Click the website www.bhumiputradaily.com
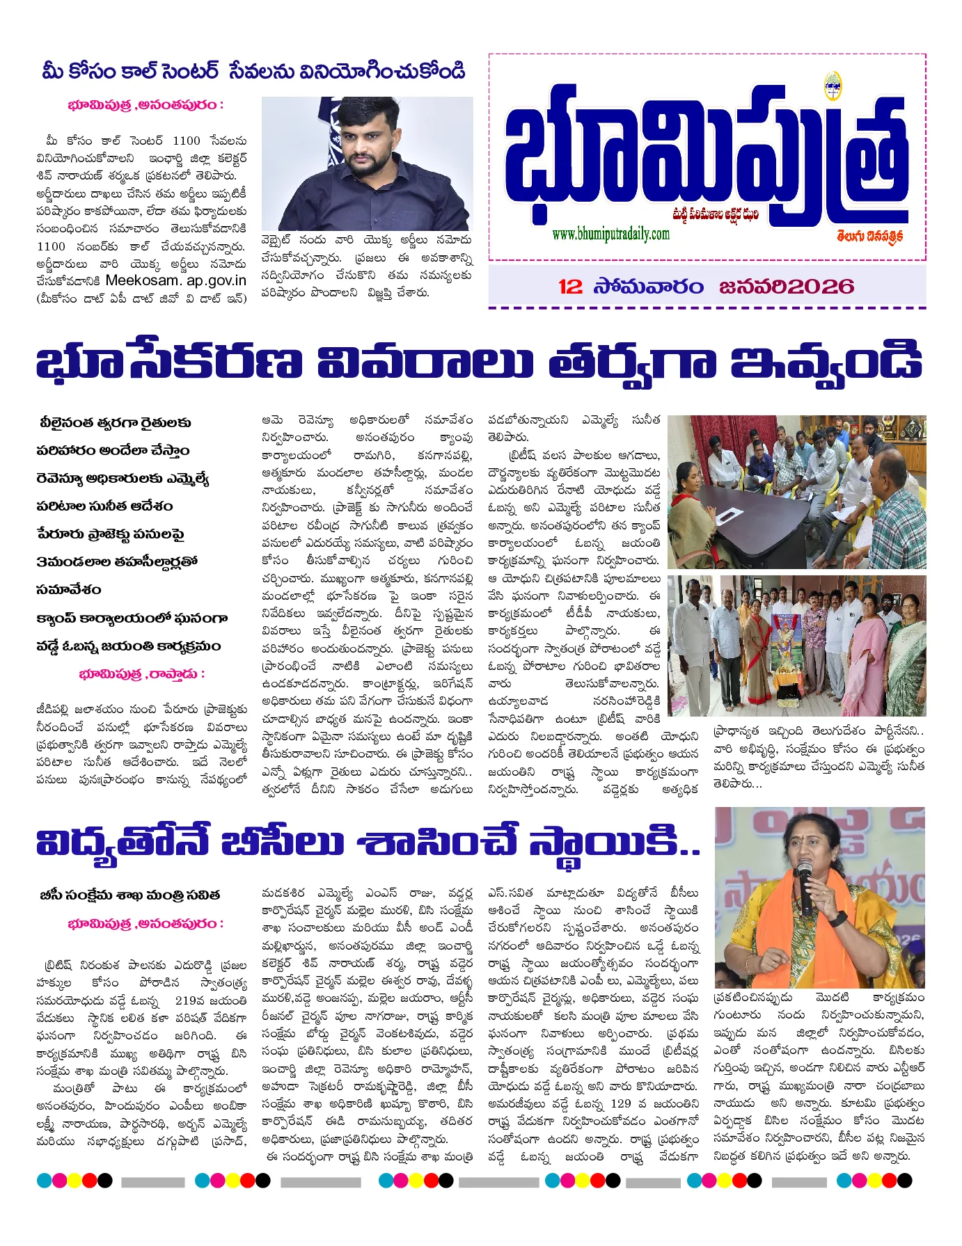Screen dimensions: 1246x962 pyautogui.click(x=610, y=234)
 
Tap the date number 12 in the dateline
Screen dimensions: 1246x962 pyautogui.click(x=570, y=287)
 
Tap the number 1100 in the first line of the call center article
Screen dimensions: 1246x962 pyautogui.click(x=186, y=141)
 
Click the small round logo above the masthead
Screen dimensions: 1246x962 pyautogui.click(x=833, y=83)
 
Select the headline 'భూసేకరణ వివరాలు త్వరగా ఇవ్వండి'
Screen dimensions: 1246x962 pyautogui.click(x=480, y=362)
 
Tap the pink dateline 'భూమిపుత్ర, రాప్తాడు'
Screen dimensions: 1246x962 pyautogui.click(x=142, y=674)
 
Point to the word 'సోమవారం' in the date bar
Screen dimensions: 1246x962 pyautogui.click(x=649, y=287)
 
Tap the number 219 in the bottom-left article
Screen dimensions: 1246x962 pyautogui.click(x=189, y=1000)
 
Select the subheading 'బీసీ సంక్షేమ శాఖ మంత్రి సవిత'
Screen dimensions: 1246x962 pyautogui.click(x=130, y=895)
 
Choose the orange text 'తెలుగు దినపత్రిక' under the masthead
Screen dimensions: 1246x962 pyautogui.click(x=870, y=236)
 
